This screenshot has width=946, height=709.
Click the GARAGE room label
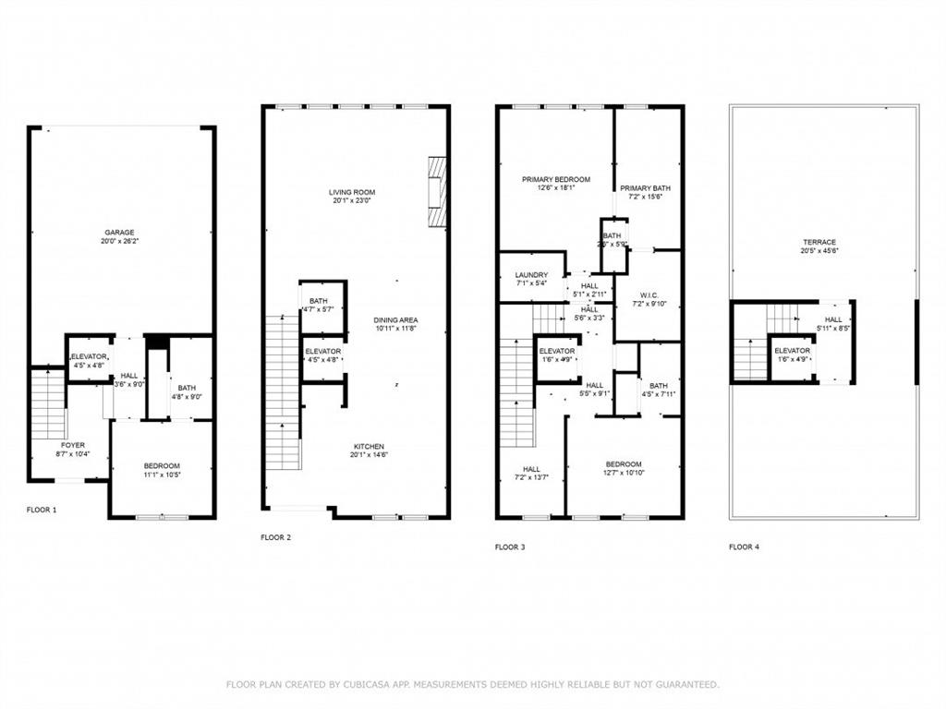[120, 232]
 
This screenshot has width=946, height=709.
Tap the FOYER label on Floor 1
[73, 445]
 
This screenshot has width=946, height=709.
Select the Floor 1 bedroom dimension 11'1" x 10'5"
[162, 475]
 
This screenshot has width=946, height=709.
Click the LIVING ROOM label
[352, 192]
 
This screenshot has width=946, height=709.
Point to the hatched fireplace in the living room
[437, 191]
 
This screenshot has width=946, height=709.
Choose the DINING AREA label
[396, 319]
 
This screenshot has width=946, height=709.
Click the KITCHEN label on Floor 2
[368, 446]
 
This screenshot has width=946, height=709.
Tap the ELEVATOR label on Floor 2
[322, 351]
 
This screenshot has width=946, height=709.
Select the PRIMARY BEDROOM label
[555, 179]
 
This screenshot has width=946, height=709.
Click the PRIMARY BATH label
[645, 187]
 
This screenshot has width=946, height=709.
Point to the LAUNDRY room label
[531, 274]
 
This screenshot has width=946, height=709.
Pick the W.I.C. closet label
[648, 294]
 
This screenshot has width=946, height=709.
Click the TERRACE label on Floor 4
[819, 242]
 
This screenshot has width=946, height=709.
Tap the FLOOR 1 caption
[42, 510]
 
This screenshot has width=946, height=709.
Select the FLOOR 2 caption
[275, 536]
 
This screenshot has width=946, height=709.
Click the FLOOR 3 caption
[510, 547]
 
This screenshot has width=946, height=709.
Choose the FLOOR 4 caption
[744, 547]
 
